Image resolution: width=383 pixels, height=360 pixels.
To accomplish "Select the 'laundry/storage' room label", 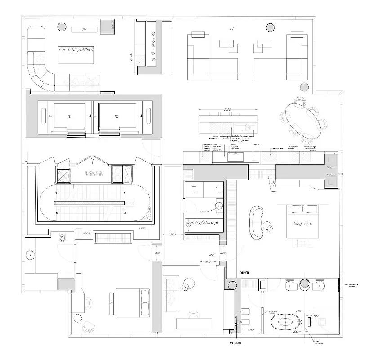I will click(202, 223).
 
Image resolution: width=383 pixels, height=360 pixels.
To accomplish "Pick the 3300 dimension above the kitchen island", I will click(229, 110).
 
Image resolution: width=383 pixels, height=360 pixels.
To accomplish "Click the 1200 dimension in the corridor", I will click(172, 235).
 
